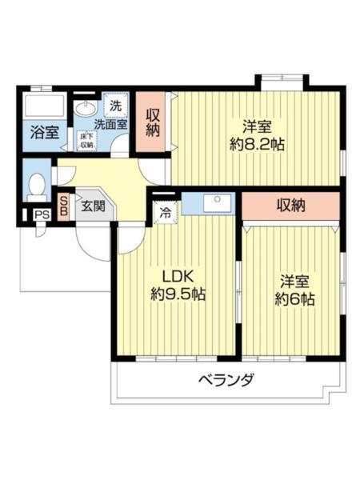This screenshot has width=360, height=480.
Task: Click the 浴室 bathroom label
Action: [44, 133]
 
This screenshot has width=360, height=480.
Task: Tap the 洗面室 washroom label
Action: [110, 124]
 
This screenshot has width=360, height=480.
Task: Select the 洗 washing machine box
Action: [116, 106]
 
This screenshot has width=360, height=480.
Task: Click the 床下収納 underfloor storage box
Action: [86, 142]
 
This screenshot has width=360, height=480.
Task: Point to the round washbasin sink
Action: [85, 107]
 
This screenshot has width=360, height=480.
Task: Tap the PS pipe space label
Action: [40, 214]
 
